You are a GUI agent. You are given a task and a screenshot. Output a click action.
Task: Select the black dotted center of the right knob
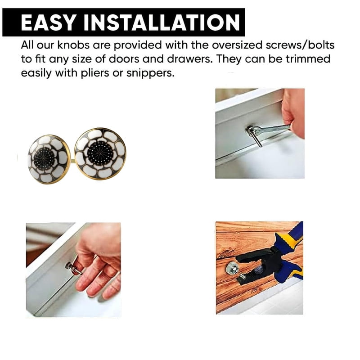100,153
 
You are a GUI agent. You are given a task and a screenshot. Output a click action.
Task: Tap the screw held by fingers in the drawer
73,269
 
